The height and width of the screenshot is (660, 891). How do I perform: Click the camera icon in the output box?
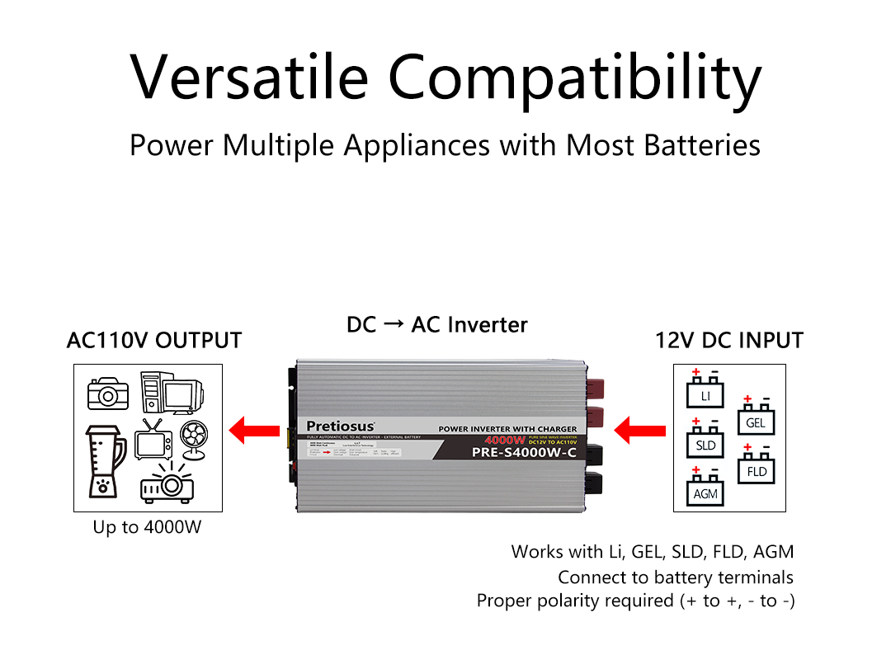pos(109,394)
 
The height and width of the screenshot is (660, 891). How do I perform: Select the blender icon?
pos(104,460)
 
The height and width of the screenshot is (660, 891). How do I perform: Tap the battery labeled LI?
pos(705,392)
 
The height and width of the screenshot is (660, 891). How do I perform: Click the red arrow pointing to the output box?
pos(252,430)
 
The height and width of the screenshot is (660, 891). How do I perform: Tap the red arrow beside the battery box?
pos(641,430)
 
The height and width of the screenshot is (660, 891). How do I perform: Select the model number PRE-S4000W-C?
pos(524,452)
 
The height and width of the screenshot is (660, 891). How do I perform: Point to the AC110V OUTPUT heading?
pos(154,340)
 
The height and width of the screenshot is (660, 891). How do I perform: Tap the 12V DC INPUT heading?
pos(729,340)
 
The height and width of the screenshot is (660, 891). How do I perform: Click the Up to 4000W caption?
pos(147,526)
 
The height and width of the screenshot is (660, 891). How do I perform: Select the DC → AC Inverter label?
pos(437,325)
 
